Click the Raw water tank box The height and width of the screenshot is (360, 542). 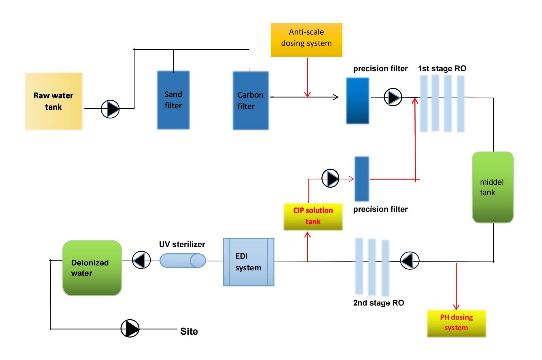coord(54,101)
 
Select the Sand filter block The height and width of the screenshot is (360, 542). coord(173,100)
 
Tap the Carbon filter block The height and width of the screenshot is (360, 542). coord(251,101)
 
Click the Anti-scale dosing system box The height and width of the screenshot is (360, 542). coord(306,40)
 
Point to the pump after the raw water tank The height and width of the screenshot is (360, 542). coord(110,109)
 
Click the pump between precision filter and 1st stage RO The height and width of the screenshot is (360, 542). coord(393,97)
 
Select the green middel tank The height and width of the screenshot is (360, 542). coord(493,187)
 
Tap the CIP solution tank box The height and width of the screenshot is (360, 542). coord(313,216)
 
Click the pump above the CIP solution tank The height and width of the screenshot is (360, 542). coord(330,178)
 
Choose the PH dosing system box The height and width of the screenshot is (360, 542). coord(456,323)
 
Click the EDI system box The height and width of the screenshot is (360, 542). coord(249,262)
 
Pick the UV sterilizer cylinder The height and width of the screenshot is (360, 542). coord(183,261)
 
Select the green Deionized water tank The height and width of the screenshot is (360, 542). coord(92,268)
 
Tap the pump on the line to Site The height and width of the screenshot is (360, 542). coord(130,328)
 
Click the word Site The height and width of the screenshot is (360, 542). coord(189,331)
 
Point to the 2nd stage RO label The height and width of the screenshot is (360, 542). coord(378,303)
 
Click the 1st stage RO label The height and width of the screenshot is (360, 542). coord(442,69)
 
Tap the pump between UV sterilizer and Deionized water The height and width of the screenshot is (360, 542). coord(141,260)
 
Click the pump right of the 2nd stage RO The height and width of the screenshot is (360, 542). coord(410,261)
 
